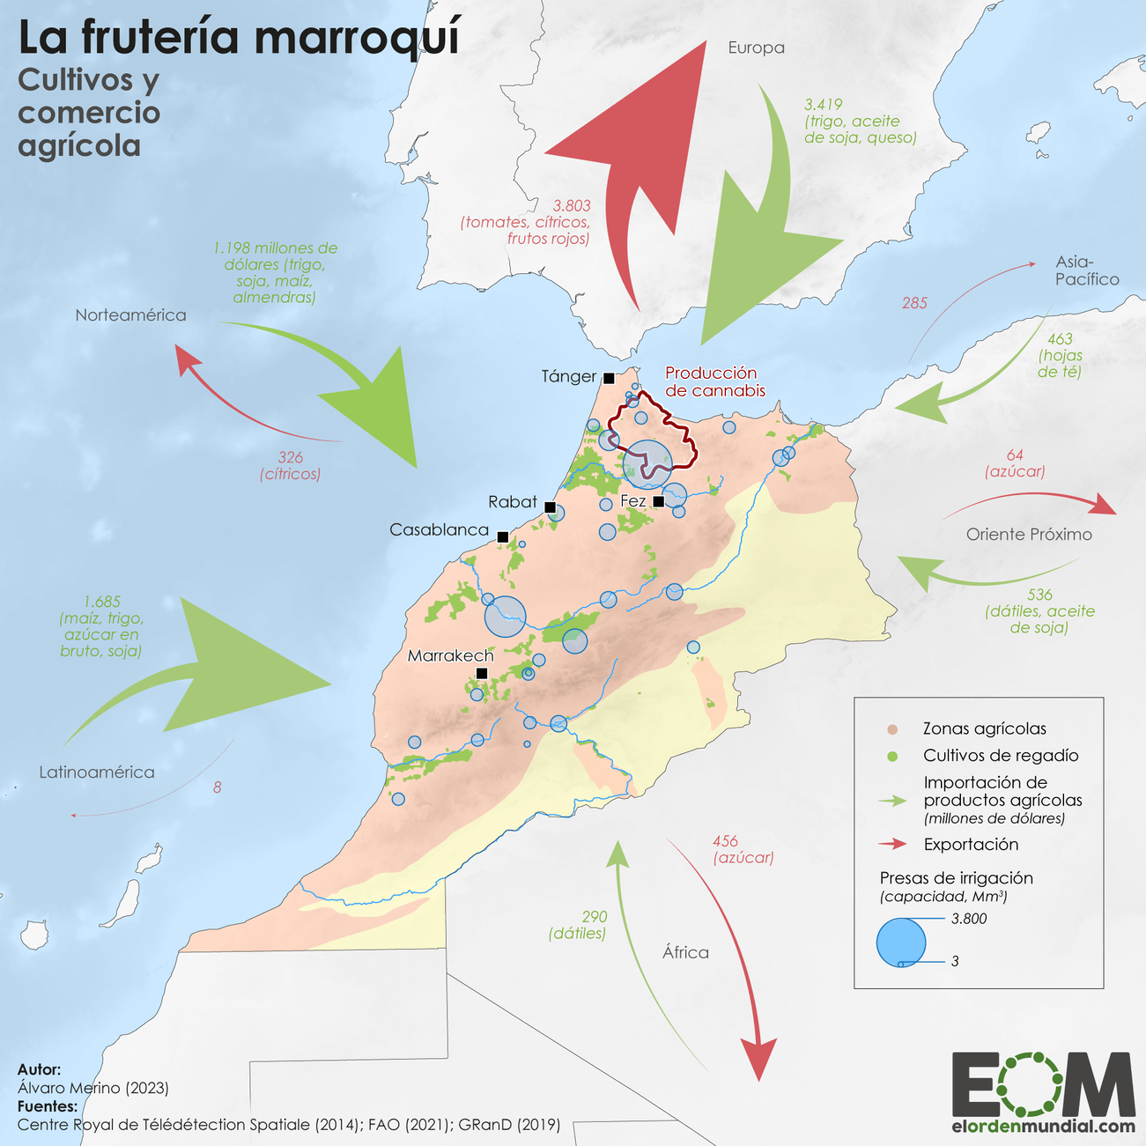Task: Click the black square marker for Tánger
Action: click(x=609, y=378)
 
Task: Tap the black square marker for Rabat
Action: click(x=550, y=507)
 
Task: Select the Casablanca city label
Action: click(x=439, y=529)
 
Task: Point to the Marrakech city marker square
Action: click(x=482, y=674)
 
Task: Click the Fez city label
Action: click(x=633, y=500)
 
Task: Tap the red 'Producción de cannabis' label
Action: click(x=714, y=381)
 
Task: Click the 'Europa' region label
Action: click(x=756, y=48)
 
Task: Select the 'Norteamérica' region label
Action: click(x=130, y=314)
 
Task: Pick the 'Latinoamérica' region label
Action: click(x=97, y=772)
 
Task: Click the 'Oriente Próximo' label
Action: click(x=1029, y=534)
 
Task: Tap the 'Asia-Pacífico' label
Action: click(x=1087, y=270)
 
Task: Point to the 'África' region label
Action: click(x=685, y=952)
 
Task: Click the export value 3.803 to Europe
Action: click(x=572, y=205)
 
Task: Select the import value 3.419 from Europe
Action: click(x=824, y=104)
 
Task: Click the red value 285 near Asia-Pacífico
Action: click(x=914, y=303)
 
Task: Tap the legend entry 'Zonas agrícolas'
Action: click(x=984, y=728)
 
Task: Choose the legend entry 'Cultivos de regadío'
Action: click(x=1000, y=755)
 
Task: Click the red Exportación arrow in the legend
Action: click(x=892, y=844)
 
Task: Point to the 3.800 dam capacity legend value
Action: click(x=969, y=919)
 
